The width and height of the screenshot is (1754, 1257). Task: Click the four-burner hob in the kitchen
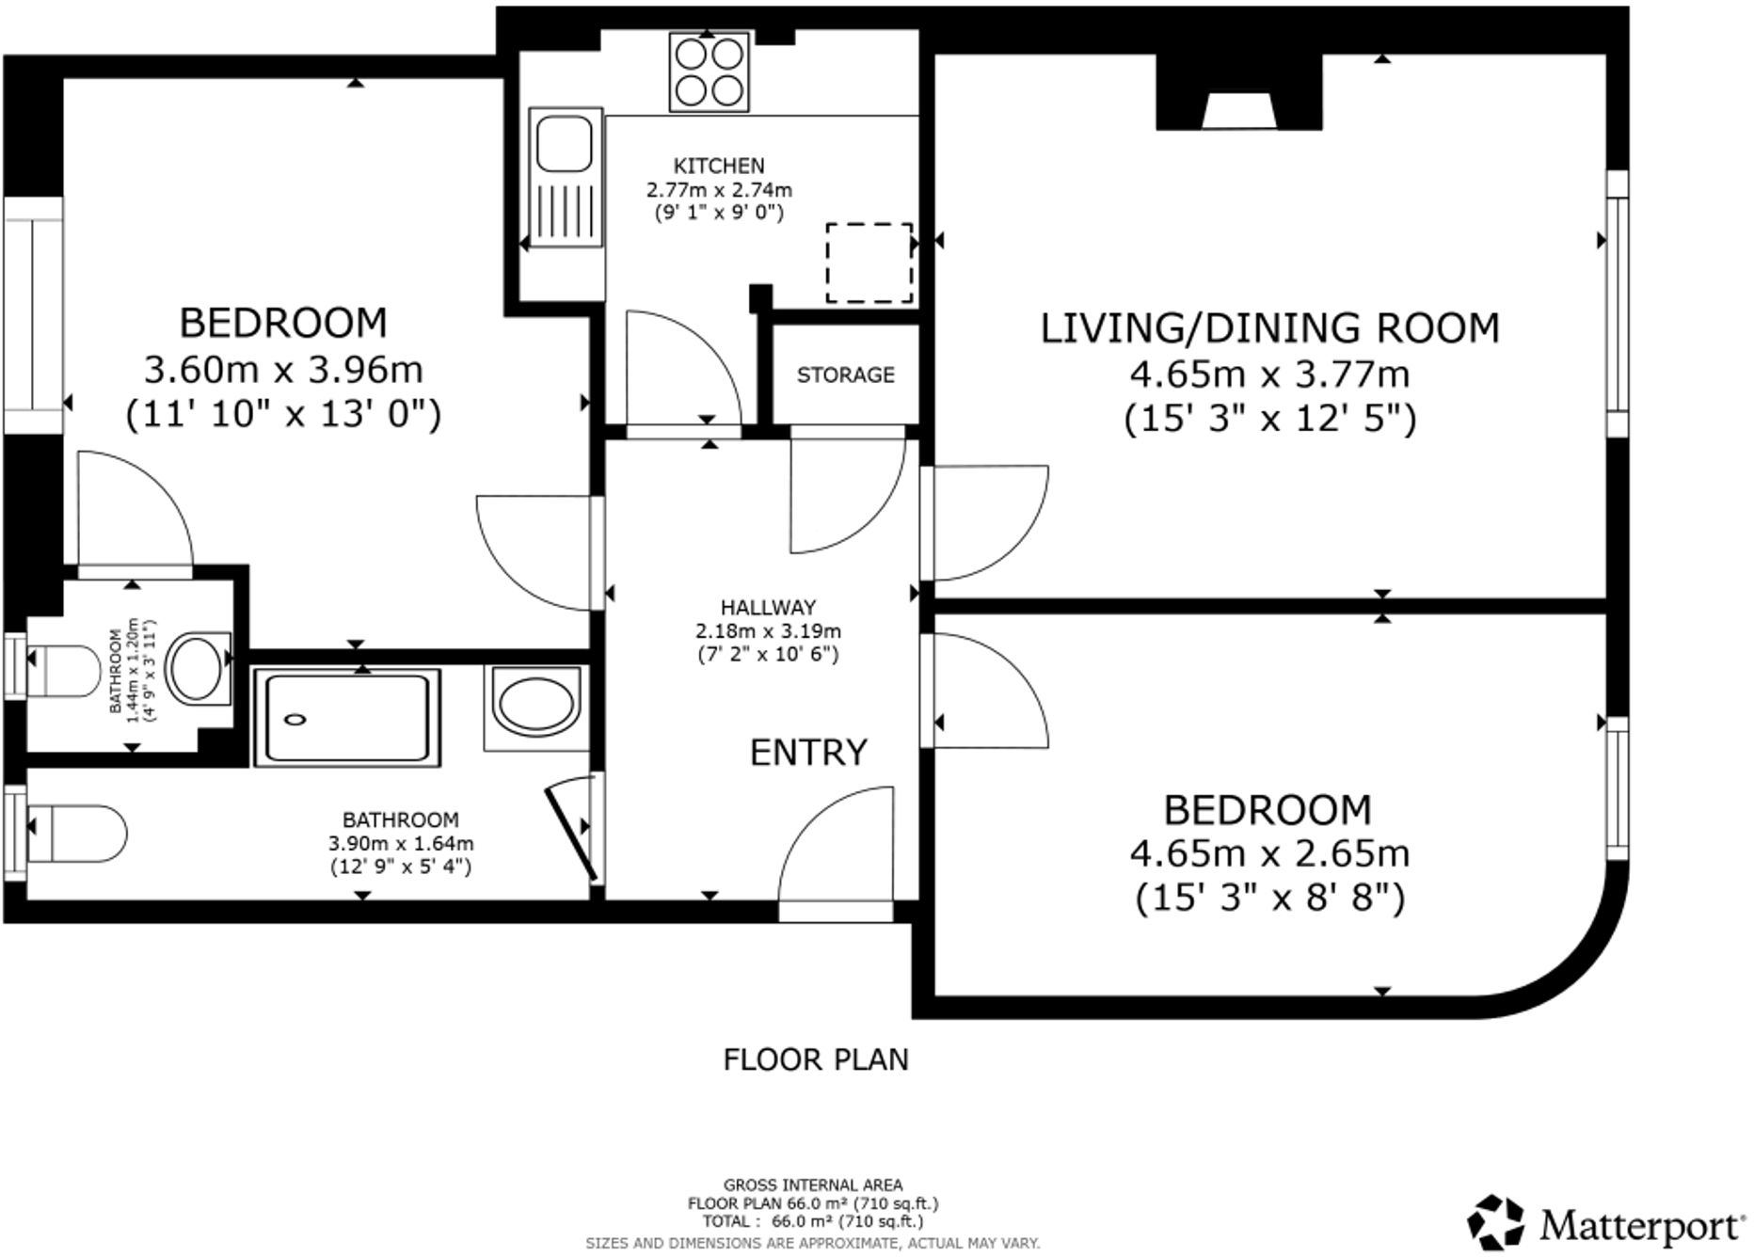coord(710,72)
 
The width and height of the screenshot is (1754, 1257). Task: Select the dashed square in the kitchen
coord(869,263)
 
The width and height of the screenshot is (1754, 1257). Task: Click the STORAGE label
coord(845,375)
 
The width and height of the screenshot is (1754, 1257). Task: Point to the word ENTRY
coord(808,753)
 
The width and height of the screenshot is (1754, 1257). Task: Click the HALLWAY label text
coord(768,608)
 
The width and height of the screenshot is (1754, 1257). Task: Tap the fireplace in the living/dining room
coord(1239,103)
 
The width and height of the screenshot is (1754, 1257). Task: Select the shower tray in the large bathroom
coord(347,717)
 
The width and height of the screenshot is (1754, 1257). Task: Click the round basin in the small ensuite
coord(197,668)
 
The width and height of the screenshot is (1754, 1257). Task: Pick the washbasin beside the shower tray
coord(534,706)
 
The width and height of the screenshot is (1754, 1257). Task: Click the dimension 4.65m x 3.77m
coord(1269,374)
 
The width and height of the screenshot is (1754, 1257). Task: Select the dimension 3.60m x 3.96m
coord(283,370)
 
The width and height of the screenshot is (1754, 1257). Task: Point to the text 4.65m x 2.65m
coord(1269,853)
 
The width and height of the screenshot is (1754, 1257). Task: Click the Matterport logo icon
coord(1496,1223)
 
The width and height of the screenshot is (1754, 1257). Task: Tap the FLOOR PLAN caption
coord(816,1059)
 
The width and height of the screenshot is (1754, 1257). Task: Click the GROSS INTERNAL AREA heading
coord(813,1185)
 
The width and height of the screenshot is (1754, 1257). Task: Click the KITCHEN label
coord(719,166)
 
